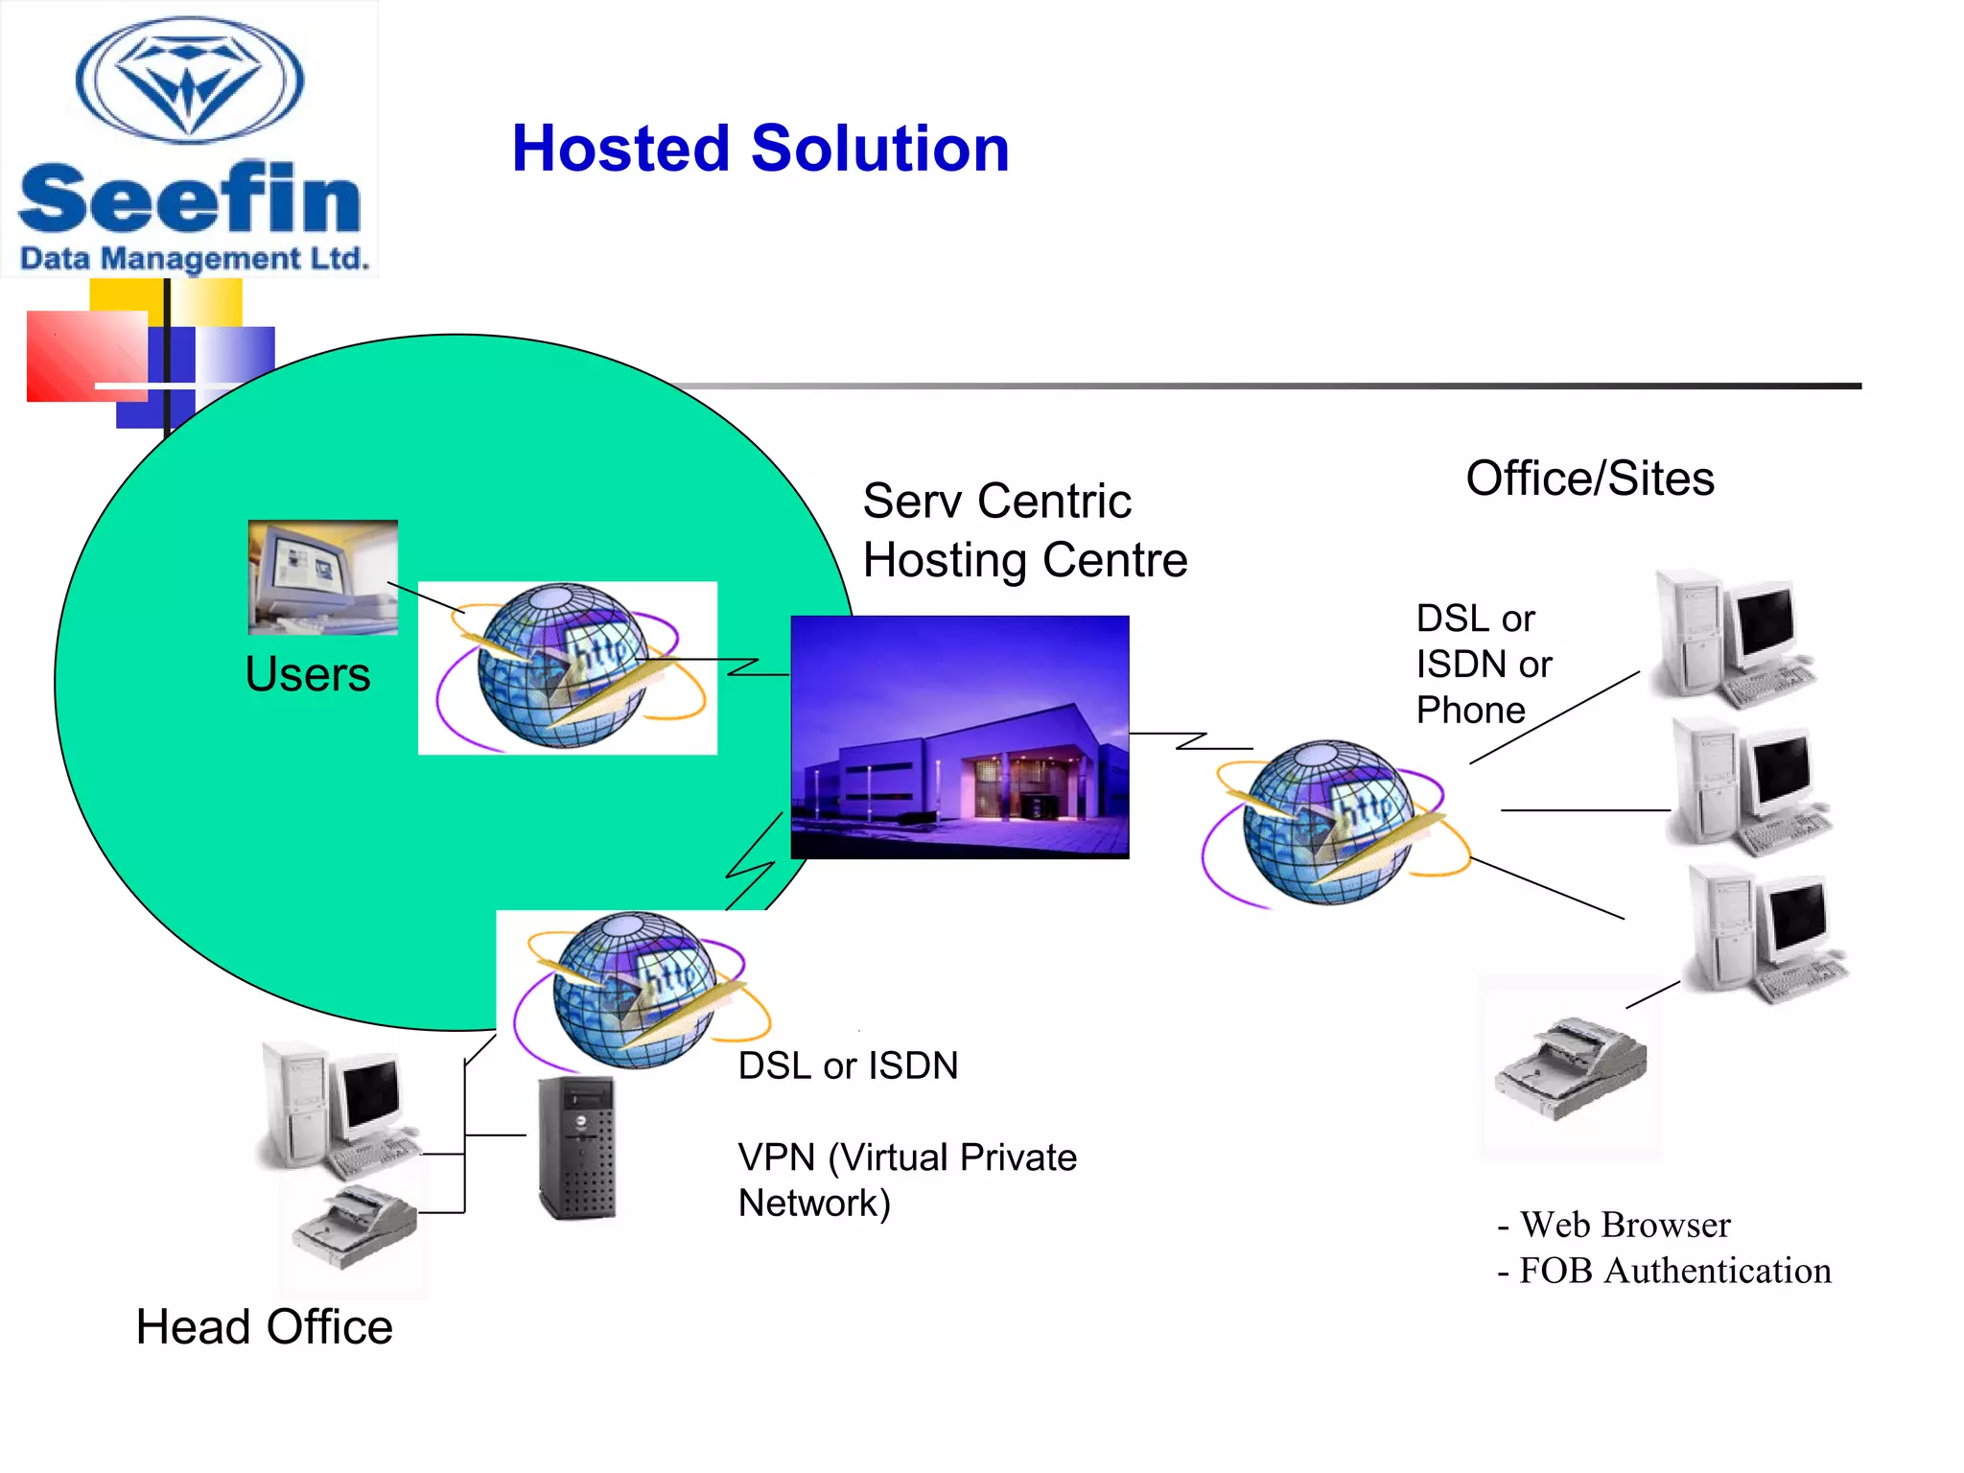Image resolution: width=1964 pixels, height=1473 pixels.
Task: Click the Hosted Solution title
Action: tap(760, 150)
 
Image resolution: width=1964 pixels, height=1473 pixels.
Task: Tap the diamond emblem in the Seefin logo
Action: tap(190, 82)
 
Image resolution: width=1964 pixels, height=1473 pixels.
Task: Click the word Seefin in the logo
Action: tap(190, 199)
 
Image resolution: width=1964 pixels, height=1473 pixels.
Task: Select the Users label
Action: tap(307, 674)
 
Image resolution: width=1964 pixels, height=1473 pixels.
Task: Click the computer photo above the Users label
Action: tap(323, 576)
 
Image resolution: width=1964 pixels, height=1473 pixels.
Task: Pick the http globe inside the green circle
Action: tap(566, 667)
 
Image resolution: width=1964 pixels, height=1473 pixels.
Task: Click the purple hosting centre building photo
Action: tap(959, 736)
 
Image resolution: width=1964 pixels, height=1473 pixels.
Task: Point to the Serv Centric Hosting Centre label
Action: tap(1023, 530)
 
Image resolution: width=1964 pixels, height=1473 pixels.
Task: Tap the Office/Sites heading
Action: tap(1589, 479)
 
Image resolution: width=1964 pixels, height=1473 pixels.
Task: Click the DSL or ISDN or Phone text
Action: tap(1483, 664)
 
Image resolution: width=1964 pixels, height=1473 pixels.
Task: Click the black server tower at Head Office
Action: tap(576, 1147)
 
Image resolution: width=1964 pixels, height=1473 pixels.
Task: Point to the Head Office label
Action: tap(264, 1327)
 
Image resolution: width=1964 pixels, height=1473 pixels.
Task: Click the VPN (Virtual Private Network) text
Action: tap(906, 1180)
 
